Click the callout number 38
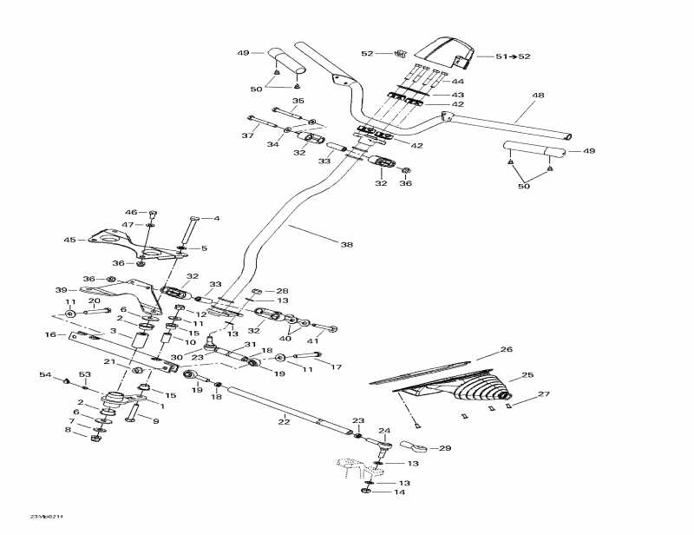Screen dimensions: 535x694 [x=347, y=246]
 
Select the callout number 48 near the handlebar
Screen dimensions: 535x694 [x=538, y=96]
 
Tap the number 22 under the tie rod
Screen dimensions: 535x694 [x=283, y=421]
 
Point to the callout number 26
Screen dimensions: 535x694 [x=507, y=350]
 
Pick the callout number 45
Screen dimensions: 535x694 [x=70, y=241]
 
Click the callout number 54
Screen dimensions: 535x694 [x=46, y=374]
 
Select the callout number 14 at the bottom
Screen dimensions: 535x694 [x=401, y=492]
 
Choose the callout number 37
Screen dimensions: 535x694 [x=246, y=135]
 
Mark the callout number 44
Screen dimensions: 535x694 [x=457, y=81]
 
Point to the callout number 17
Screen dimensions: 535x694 [x=337, y=367]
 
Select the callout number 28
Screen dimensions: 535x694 [x=282, y=291]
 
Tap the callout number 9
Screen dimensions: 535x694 [x=156, y=422]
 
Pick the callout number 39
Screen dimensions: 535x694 [x=61, y=290]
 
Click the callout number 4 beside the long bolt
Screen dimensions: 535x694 [x=217, y=219]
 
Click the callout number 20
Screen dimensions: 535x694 [x=95, y=301]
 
